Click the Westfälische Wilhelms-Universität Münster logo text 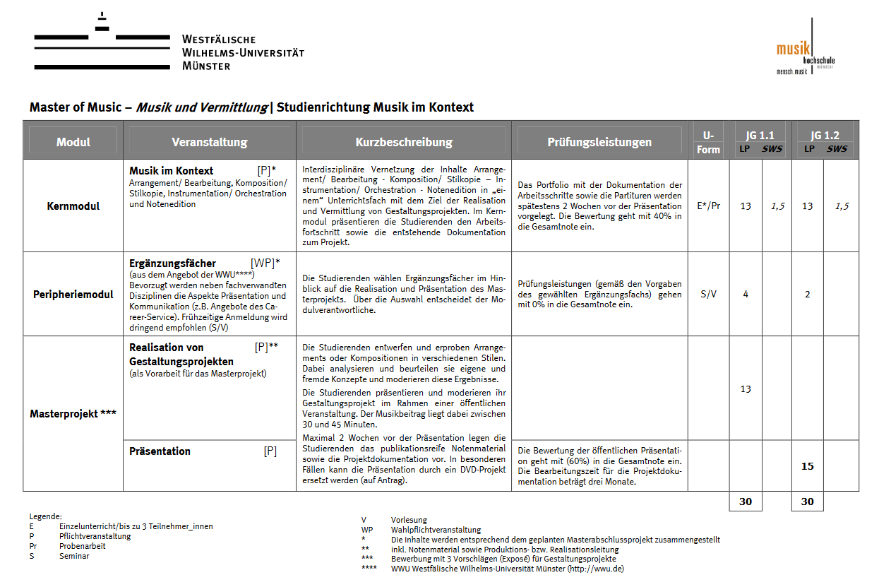(x=242, y=52)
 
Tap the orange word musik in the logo (x=793, y=49)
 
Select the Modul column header (x=73, y=142)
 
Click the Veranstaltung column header (x=210, y=142)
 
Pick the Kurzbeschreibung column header (x=404, y=142)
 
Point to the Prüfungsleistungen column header (x=599, y=142)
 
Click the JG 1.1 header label (x=760, y=136)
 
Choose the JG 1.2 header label (x=825, y=136)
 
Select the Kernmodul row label (x=73, y=206)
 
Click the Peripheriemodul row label (x=73, y=295)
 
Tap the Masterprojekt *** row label (x=73, y=414)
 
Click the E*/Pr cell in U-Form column (x=708, y=206)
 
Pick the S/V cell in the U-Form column (x=708, y=295)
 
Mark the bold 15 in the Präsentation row (x=808, y=466)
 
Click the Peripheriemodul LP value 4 (x=746, y=295)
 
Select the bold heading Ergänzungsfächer (x=172, y=263)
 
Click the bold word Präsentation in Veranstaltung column (x=160, y=451)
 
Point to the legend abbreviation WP (x=367, y=530)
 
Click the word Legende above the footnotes (x=46, y=517)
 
